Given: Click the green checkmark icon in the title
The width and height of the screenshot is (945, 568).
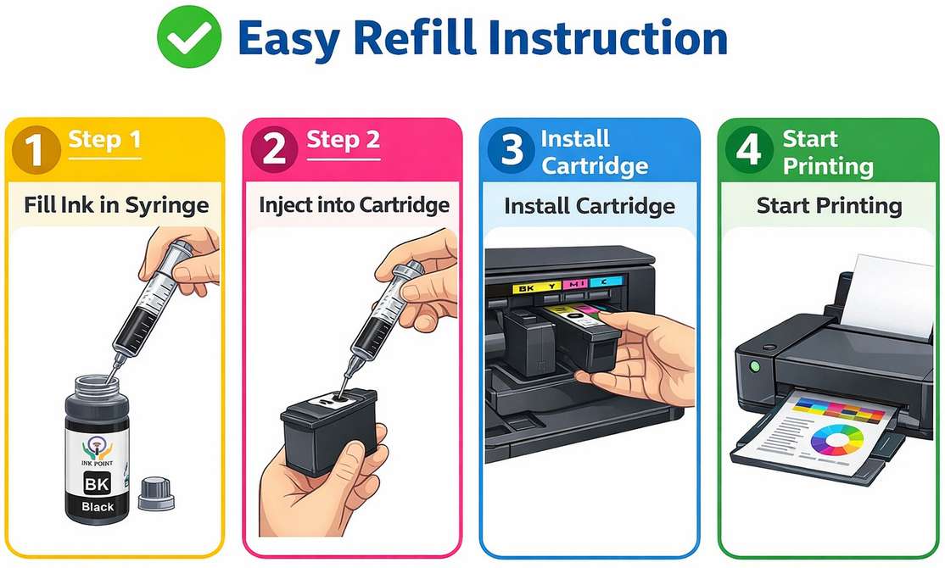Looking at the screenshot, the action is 189,36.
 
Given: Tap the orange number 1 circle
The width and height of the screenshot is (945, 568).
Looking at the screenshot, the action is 36,149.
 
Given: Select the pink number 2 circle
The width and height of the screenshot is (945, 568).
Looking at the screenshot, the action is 274,149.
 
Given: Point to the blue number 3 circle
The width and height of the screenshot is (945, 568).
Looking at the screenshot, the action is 511,149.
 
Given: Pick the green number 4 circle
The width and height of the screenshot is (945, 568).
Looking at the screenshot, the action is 749,149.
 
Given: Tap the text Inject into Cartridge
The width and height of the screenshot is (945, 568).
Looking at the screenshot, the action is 355,205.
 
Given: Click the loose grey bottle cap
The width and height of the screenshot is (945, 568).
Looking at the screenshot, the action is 155,494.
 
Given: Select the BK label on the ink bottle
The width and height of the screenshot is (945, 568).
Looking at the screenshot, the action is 97,483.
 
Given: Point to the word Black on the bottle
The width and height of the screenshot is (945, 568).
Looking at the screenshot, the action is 98,507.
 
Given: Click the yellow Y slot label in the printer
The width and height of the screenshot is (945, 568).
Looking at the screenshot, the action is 551,287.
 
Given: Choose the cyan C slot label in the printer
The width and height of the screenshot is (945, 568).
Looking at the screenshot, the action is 607,281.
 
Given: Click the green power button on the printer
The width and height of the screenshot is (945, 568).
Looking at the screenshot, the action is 754,365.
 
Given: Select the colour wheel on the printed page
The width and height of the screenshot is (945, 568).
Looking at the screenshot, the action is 837,441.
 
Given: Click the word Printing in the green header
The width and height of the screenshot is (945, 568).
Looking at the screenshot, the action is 828,166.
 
